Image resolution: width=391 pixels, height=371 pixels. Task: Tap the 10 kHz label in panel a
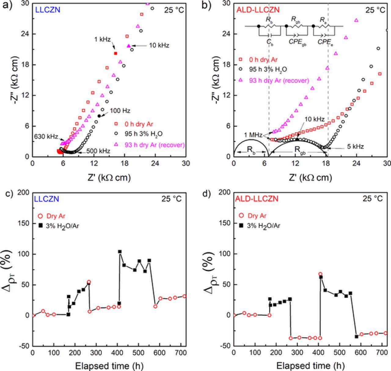[159, 46]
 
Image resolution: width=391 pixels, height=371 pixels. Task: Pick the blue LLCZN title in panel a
[48, 10]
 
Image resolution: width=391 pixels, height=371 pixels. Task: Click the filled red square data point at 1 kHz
[115, 53]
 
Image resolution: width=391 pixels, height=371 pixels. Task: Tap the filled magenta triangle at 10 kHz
[129, 46]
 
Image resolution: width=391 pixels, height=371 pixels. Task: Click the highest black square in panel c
[120, 252]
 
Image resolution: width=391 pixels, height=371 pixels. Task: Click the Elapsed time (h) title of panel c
[109, 365]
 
